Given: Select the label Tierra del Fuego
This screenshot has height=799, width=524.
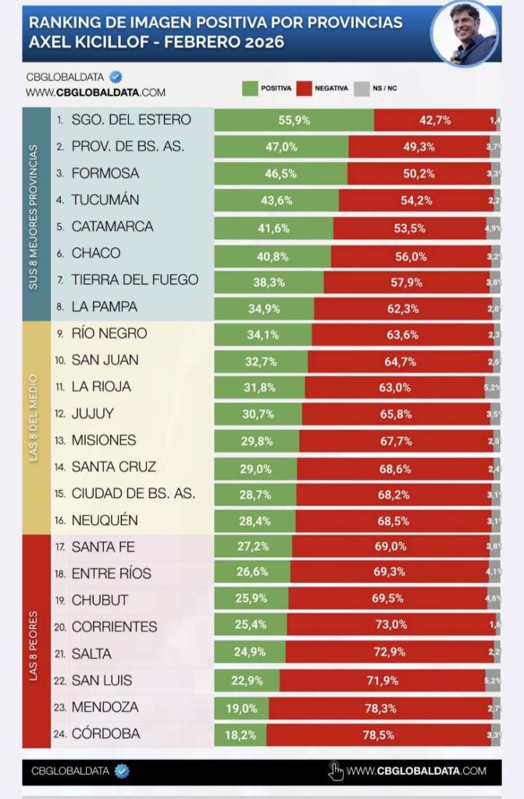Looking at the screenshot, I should click(x=135, y=279).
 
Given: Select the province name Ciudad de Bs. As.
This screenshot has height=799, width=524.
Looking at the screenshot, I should click(x=134, y=493).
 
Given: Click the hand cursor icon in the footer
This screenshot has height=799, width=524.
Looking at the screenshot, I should click(x=336, y=771).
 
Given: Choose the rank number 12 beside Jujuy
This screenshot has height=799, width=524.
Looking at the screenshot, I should click(x=60, y=414).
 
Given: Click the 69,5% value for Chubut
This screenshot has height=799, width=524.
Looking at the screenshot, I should click(x=388, y=600).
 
